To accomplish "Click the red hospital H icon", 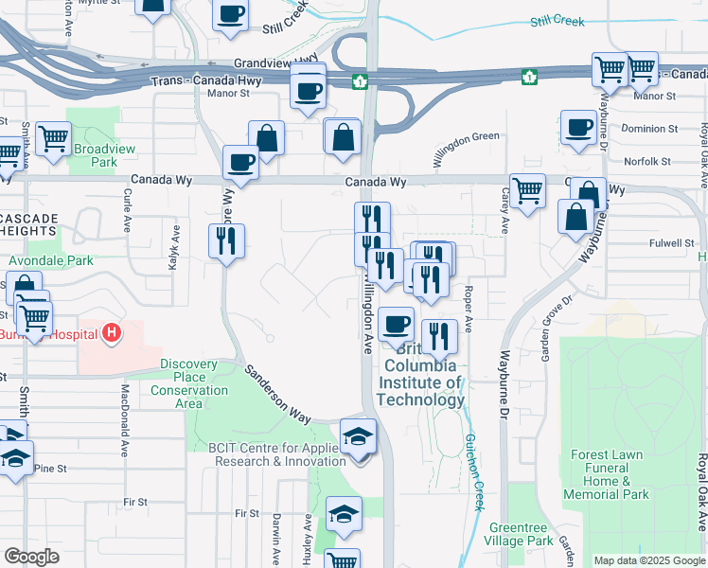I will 112,333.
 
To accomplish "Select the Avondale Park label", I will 46,260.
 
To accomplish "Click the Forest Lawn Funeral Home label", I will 607,474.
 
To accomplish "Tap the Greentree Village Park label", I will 522,534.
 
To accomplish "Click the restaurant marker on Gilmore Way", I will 226,240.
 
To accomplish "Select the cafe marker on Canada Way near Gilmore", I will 240,161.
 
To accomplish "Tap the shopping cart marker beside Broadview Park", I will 52,138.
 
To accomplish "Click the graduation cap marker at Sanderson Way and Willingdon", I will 358,436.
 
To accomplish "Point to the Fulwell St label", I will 672,243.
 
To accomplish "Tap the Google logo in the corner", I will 31,557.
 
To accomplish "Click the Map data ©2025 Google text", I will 648,560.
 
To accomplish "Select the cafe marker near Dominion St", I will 577,127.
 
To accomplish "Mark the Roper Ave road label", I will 469,311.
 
